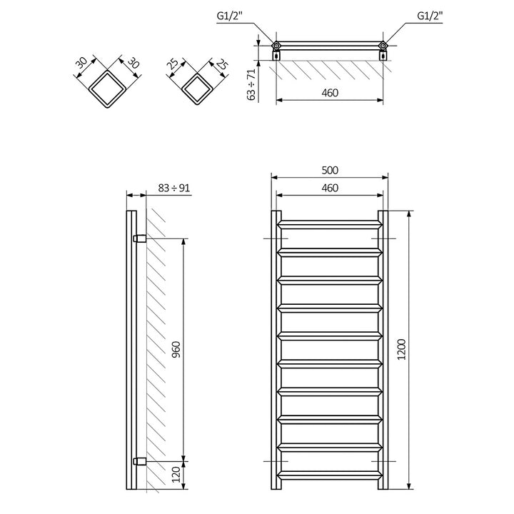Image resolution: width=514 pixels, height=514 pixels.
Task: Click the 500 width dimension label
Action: coord(329,170)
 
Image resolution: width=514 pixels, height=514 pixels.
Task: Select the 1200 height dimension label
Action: coord(402,350)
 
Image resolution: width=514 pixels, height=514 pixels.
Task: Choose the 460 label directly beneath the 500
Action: coord(329,188)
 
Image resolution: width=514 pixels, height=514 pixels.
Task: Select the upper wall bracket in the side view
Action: coord(141,238)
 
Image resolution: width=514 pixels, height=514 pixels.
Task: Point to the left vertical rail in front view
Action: coord(276,350)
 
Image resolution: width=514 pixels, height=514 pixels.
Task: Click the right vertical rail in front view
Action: coord(383,350)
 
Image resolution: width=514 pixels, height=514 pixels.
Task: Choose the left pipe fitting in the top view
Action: coord(276,47)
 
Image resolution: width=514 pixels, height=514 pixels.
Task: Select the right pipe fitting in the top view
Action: coord(383,47)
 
